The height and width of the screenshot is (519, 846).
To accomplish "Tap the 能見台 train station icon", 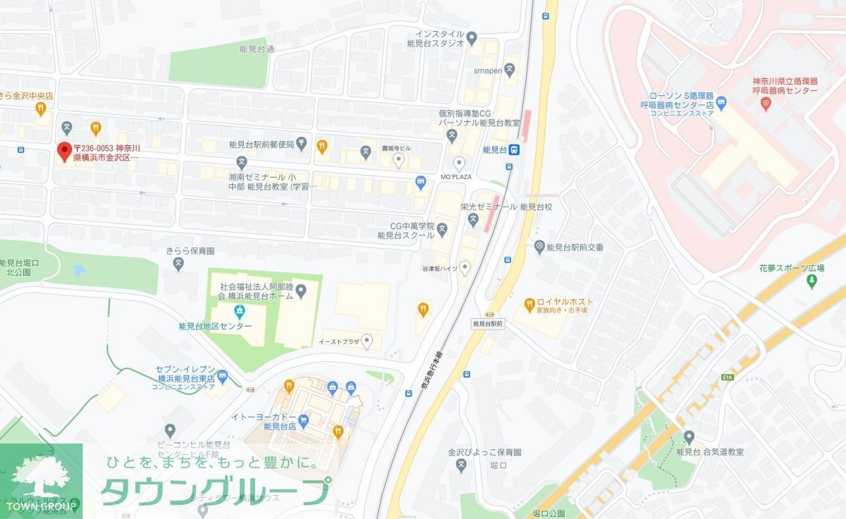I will click(x=515, y=149).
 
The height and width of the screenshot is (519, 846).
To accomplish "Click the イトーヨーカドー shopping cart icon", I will click(x=304, y=420).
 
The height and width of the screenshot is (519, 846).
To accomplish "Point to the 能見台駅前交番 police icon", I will click(x=539, y=246).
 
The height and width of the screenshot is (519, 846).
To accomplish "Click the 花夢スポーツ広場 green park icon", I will click(x=811, y=281).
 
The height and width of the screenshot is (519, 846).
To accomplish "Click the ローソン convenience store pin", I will click(x=721, y=110).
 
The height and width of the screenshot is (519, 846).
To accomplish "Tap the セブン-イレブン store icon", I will click(x=223, y=376).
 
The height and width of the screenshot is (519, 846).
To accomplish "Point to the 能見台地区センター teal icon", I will click(x=240, y=311).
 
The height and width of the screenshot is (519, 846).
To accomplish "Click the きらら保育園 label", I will click(x=191, y=251).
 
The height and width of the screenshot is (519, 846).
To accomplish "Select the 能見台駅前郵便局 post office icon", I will click(x=301, y=145).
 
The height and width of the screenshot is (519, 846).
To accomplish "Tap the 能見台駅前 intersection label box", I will click(x=488, y=324).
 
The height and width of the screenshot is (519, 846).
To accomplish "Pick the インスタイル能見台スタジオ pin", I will click(x=472, y=37).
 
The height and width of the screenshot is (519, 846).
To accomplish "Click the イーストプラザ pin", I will click(x=366, y=340).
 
